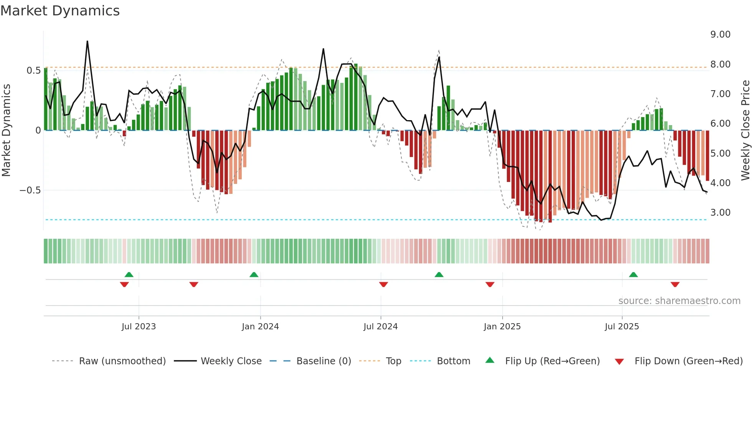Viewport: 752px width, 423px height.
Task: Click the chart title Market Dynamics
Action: pos(60,11)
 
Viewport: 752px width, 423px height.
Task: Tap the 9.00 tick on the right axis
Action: pos(720,35)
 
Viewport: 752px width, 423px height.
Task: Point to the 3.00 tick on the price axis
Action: pos(720,213)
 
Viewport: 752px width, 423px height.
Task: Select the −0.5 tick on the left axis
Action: pos(30,190)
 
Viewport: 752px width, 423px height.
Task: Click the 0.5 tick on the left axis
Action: pos(33,71)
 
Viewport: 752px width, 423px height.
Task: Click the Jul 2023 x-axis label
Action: pos(139,327)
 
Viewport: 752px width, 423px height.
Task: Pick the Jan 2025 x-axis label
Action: pos(502,327)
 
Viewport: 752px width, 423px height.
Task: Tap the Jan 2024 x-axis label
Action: pos(260,327)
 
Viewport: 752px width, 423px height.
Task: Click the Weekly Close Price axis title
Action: pos(745,131)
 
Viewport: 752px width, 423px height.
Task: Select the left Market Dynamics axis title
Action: pos(6,131)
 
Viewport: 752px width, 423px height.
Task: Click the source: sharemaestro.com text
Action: pos(679,301)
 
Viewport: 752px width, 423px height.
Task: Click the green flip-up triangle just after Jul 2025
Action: pos(633,275)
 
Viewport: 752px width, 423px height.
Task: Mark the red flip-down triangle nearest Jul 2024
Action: pos(383,284)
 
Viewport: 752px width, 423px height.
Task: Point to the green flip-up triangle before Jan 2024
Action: pos(254,275)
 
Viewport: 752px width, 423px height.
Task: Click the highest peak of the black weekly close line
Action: pos(87,41)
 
